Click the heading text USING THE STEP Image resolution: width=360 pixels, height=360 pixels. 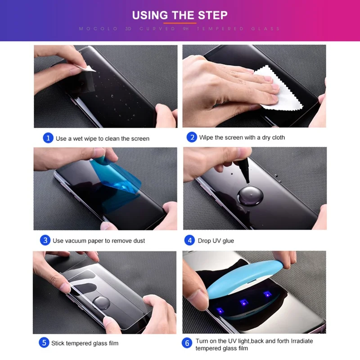180,15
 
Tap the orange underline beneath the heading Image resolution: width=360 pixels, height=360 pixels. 180,23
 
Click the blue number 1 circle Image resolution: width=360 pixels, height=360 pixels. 48,138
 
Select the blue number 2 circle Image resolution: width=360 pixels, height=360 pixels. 192,137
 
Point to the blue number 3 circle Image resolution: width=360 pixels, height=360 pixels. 45,240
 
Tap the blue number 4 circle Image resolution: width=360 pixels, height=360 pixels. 189,240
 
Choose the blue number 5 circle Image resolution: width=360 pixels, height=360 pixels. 44,343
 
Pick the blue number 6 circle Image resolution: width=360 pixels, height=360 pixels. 187,343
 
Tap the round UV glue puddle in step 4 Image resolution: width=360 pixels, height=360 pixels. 250,196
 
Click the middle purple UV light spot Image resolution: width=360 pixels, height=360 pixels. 244,302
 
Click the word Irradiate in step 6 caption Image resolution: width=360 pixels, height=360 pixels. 301,341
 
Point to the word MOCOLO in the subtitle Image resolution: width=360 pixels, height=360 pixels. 98,29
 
